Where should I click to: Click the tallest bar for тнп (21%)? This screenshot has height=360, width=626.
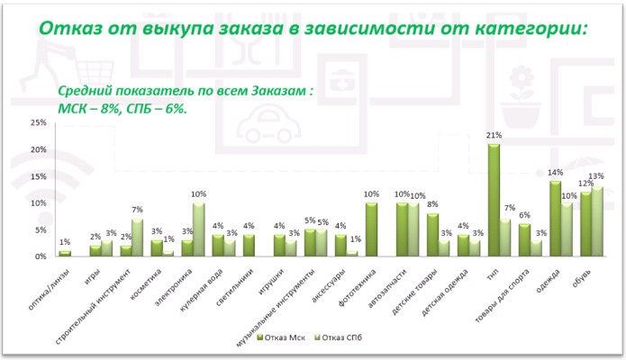pos(494,200)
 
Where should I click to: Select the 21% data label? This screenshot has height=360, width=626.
pos(494,136)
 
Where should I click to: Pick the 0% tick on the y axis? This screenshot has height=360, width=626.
pos(41,256)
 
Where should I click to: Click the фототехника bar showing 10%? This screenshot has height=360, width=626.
pos(371,229)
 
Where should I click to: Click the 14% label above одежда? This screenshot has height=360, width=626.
pos(556,173)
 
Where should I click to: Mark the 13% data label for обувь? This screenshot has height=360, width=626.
pos(596,177)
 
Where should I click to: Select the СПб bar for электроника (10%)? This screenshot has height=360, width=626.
pos(198,229)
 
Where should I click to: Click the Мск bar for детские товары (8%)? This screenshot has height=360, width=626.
pos(432,235)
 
